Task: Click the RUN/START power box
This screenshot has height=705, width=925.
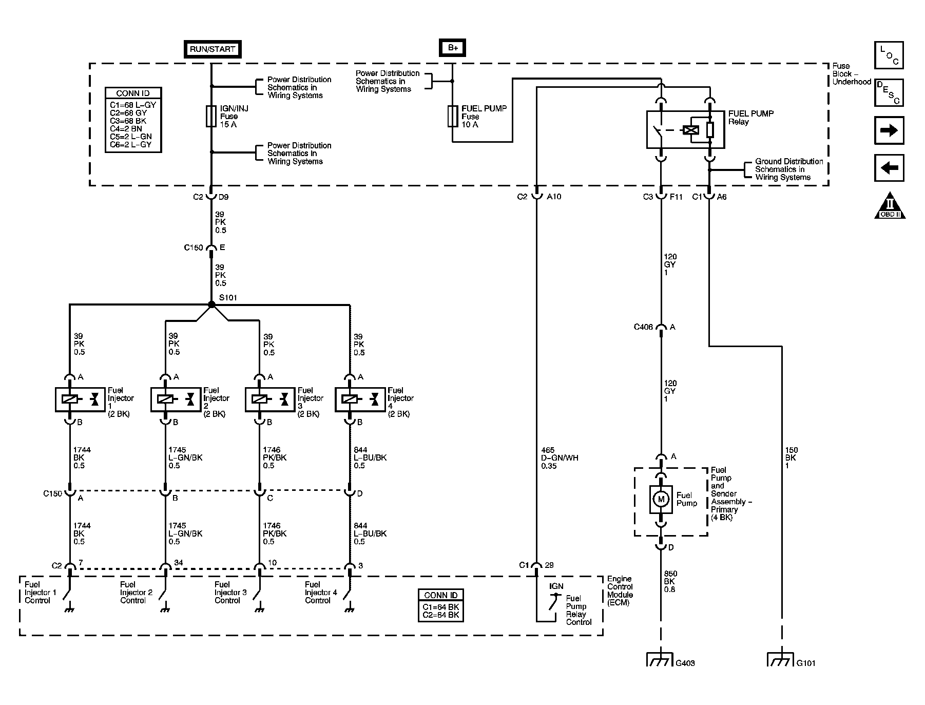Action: pos(212,49)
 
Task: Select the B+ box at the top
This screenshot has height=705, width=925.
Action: pos(452,48)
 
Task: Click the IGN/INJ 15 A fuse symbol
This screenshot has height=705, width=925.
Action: pos(211,116)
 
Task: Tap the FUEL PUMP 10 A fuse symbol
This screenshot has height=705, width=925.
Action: pos(452,116)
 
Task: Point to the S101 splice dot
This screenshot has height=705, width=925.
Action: pos(211,304)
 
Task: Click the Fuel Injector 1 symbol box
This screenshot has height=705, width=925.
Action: pos(80,399)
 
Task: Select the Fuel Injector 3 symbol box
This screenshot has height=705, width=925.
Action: pos(270,399)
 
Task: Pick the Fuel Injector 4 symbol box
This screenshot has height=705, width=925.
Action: pos(360,399)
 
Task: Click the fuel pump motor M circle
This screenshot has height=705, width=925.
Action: pos(661,499)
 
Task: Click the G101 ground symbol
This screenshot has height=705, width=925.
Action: pos(781,659)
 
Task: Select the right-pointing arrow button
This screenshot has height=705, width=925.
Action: pos(889,130)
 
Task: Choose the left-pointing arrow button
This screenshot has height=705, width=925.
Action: pos(889,168)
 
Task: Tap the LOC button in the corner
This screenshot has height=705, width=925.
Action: pos(889,55)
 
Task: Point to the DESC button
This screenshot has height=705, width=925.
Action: pos(889,92)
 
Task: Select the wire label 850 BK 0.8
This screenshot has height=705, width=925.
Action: pos(670,581)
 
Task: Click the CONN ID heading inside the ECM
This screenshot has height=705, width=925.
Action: pos(440,595)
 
